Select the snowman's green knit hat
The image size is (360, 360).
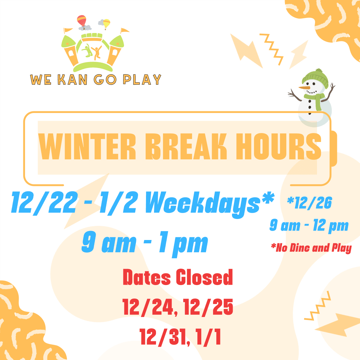tap(315, 78)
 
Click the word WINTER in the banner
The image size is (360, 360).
tap(87, 146)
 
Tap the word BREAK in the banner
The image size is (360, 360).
tap(186, 146)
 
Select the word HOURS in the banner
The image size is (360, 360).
tap(279, 146)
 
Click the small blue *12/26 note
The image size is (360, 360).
tap(309, 203)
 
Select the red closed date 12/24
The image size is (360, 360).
tap(148, 307)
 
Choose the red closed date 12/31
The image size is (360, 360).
tap(164, 337)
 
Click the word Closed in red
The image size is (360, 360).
tap(204, 277)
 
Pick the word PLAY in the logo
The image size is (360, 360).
tap(142, 80)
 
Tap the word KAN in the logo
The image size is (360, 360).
tap(72, 80)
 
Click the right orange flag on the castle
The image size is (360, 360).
tap(125, 30)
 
